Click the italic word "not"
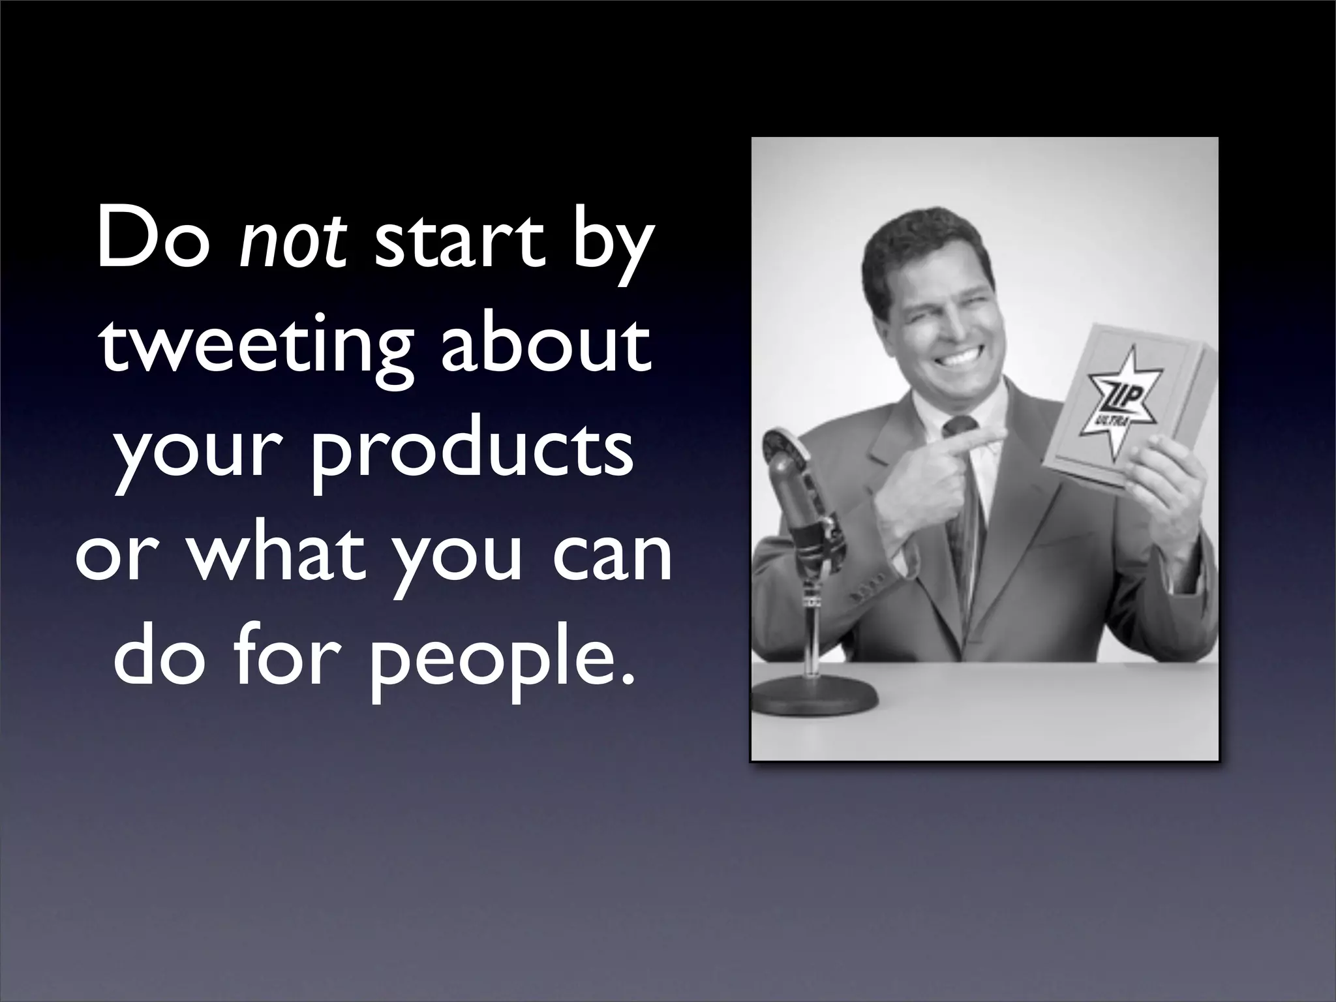click(292, 242)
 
